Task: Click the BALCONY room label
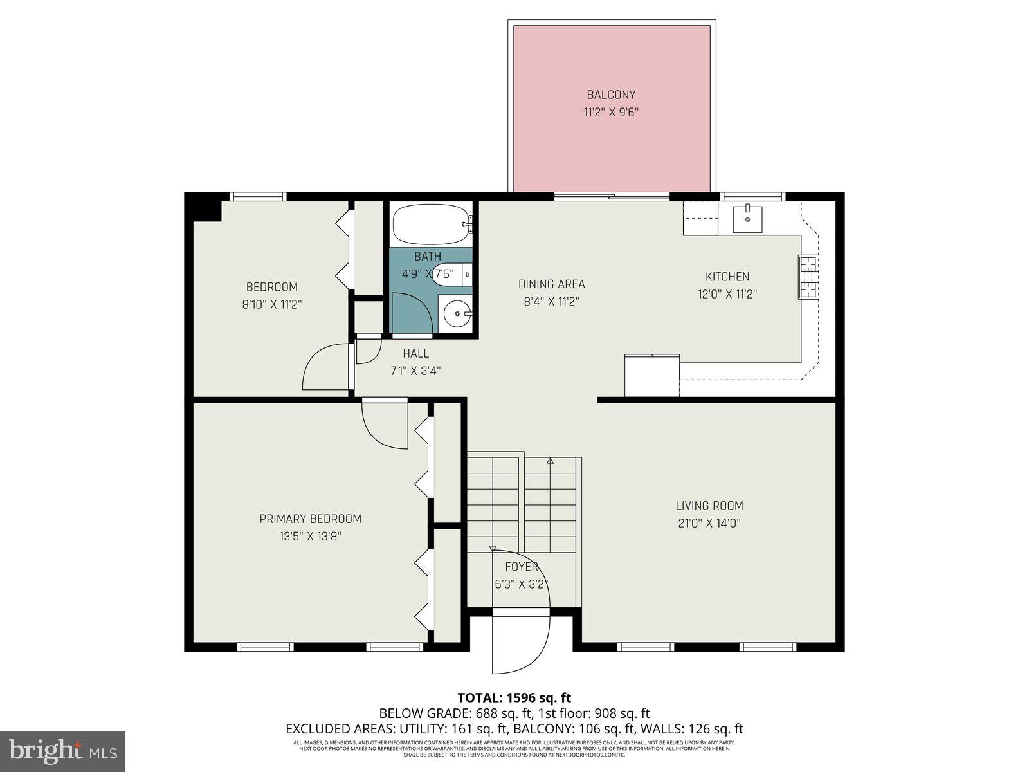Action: click(611, 95)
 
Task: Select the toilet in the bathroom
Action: click(450, 273)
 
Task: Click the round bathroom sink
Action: click(457, 314)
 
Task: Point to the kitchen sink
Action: click(747, 219)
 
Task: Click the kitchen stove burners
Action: click(808, 277)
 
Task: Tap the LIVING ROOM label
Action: click(709, 506)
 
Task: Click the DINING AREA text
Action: click(552, 284)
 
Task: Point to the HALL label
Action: click(415, 353)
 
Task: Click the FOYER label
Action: click(521, 567)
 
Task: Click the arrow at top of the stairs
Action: click(550, 461)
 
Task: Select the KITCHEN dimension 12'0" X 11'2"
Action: click(727, 294)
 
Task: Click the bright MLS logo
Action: click(62, 751)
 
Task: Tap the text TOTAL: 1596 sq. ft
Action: click(514, 697)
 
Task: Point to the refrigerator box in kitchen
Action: click(652, 376)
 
